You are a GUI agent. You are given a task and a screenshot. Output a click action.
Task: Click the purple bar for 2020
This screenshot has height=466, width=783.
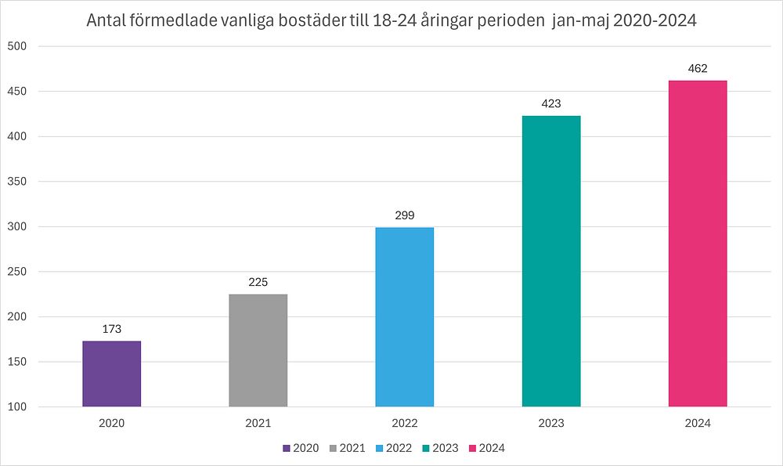[x=112, y=374]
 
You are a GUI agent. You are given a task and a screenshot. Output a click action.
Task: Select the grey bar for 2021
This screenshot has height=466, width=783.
[x=258, y=350]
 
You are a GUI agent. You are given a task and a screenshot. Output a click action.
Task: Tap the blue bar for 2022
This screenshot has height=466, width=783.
[x=405, y=317]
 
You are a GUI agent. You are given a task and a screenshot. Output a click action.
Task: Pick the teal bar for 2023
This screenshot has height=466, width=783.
[x=551, y=261]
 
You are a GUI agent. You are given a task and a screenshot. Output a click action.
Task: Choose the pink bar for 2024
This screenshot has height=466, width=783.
[x=698, y=244]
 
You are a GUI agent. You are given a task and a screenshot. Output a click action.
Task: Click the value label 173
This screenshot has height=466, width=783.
[x=112, y=329]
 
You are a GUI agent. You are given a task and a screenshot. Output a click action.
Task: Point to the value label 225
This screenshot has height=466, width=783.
[x=258, y=282]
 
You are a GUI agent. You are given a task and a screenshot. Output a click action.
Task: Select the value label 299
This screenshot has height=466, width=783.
[x=405, y=215]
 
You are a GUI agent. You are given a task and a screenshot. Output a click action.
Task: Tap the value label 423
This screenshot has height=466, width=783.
[x=551, y=103]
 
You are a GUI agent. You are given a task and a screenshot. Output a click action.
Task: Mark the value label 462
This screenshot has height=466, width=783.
[x=698, y=68]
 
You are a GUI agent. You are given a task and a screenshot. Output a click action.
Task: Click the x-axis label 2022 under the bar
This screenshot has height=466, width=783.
[x=405, y=423]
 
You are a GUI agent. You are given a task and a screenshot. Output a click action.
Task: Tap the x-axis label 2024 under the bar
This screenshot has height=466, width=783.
[x=698, y=423]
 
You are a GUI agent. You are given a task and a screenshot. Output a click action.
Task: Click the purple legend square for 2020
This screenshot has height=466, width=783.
[x=287, y=449]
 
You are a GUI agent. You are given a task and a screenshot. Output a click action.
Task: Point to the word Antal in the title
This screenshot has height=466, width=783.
[x=106, y=21]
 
